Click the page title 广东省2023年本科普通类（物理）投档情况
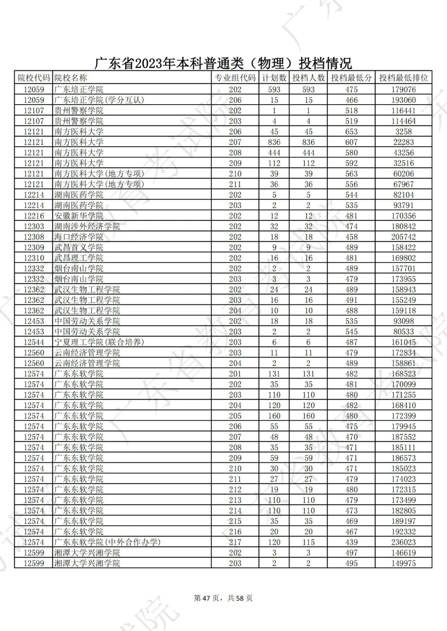click(223, 63)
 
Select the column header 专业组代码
click(235, 78)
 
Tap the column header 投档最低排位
click(404, 78)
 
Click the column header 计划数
click(274, 78)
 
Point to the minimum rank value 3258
click(404, 131)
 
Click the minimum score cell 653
click(351, 131)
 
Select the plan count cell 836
click(274, 142)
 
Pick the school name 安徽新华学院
click(79, 216)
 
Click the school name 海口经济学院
click(79, 237)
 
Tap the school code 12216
click(34, 216)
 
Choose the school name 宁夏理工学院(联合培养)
click(99, 342)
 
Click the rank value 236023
click(404, 542)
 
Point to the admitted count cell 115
click(308, 542)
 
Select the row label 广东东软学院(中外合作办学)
click(107, 542)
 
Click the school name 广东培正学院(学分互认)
click(99, 100)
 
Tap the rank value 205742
click(404, 237)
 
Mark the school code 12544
click(34, 342)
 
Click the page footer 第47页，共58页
click(223, 598)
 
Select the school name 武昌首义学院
click(79, 248)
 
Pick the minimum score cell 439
click(351, 542)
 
